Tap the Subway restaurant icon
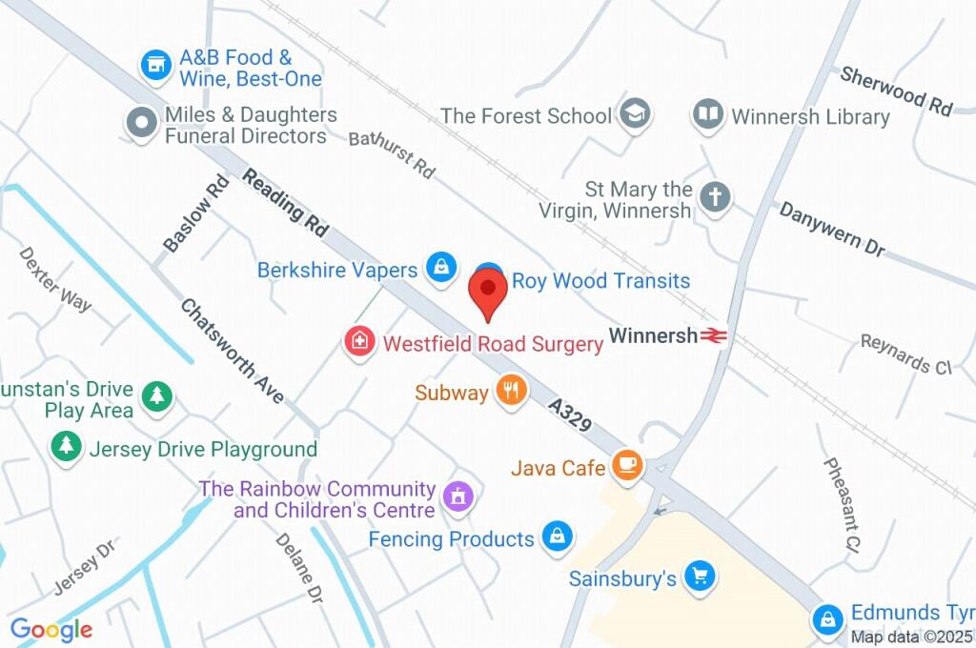click(x=512, y=391)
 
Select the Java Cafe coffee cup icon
click(x=628, y=465)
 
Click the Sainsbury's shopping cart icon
click(x=701, y=576)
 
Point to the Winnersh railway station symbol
click(x=713, y=335)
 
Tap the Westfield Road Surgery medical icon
click(x=359, y=341)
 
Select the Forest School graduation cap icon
click(x=633, y=114)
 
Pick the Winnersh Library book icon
click(x=707, y=115)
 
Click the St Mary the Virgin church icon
click(x=715, y=198)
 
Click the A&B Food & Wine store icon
click(x=154, y=66)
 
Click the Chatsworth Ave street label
click(x=232, y=351)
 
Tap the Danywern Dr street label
click(x=831, y=230)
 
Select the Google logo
click(x=51, y=629)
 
